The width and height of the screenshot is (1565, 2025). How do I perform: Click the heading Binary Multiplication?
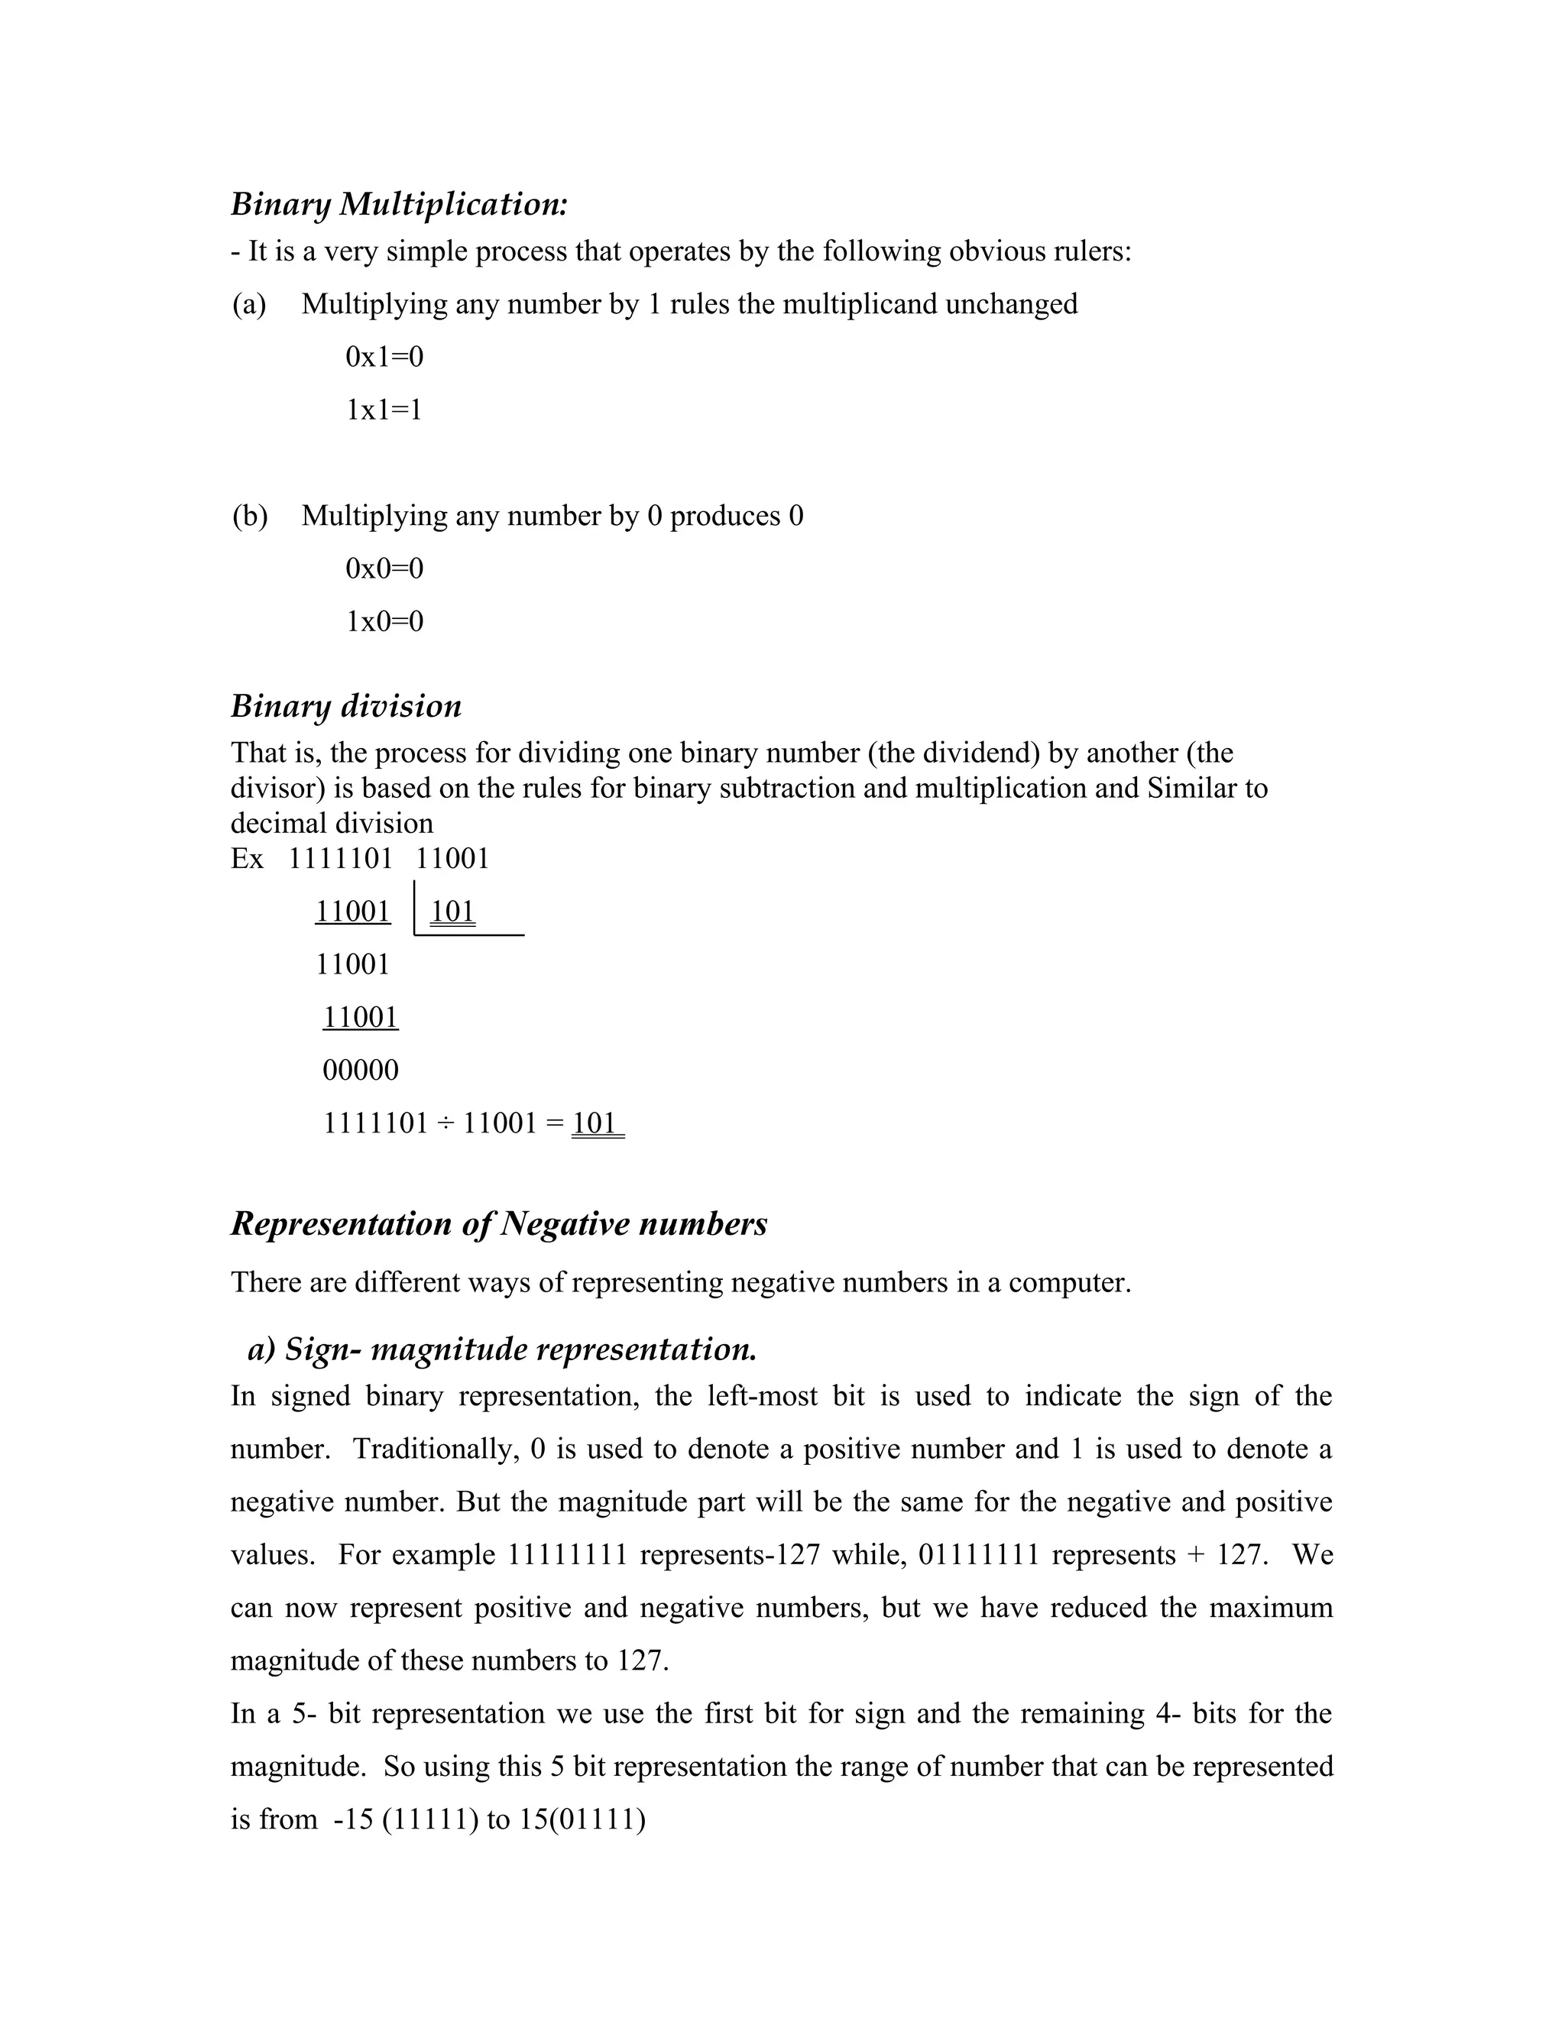click(399, 204)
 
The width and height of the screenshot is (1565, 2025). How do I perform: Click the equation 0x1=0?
click(384, 357)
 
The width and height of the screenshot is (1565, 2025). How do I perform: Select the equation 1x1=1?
click(384, 410)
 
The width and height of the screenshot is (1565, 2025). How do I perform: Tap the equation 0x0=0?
click(384, 569)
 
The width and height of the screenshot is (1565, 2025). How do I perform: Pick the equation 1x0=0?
click(384, 621)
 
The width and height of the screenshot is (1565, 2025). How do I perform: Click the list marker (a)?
click(248, 304)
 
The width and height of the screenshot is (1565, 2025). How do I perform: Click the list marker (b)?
click(248, 516)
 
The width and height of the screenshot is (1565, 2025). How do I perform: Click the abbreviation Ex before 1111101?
click(247, 859)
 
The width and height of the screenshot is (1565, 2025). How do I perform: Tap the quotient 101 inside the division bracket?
click(452, 912)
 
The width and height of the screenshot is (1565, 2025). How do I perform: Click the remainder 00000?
click(361, 1071)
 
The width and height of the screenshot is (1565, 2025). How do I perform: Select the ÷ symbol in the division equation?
click(445, 1124)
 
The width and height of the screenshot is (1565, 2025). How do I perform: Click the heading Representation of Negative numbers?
click(499, 1224)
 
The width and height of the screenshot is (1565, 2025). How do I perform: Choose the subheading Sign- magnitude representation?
click(503, 1349)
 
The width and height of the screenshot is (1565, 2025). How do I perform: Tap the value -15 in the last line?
click(353, 1820)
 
